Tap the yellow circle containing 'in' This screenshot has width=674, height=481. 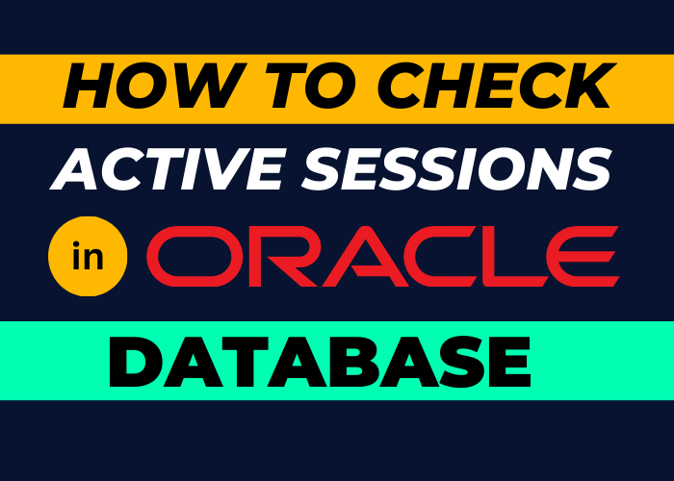click(x=88, y=254)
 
